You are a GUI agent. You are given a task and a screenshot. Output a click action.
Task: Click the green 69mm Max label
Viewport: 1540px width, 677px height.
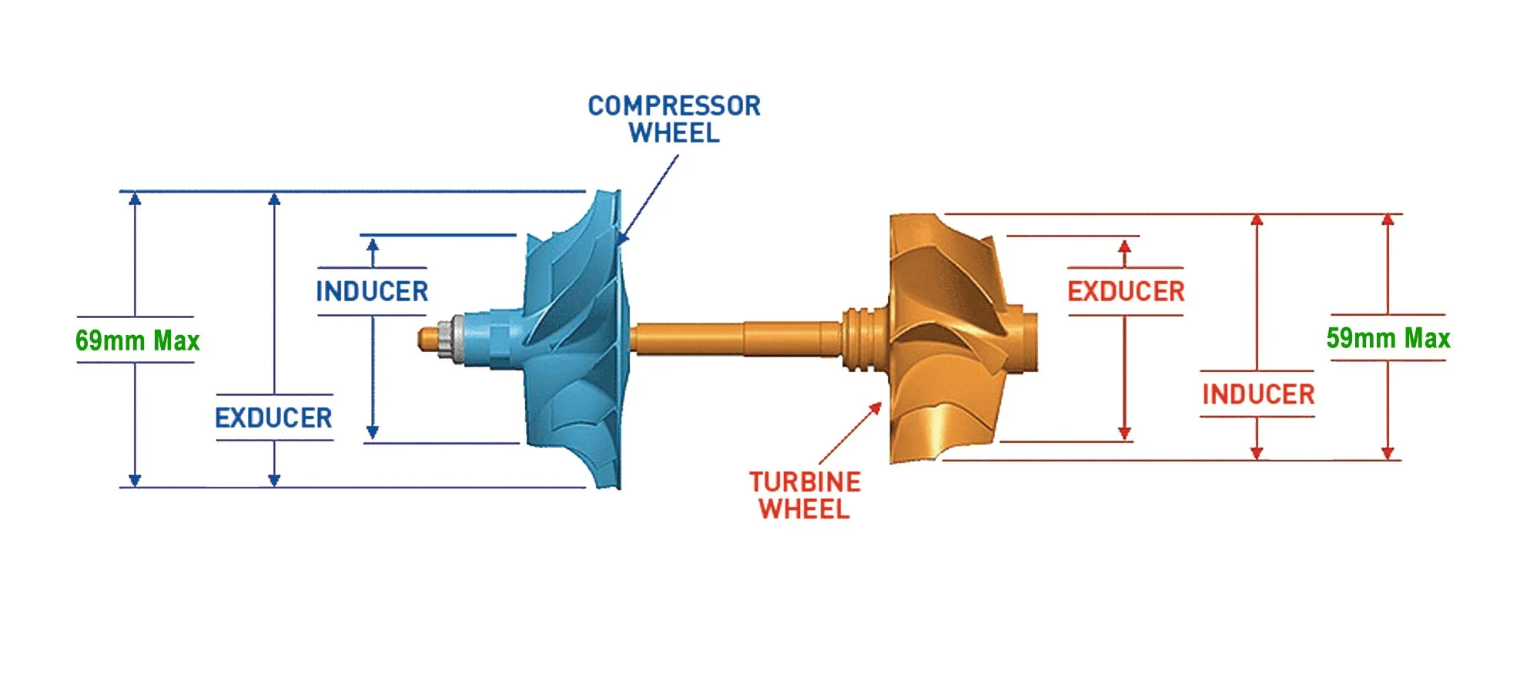137,340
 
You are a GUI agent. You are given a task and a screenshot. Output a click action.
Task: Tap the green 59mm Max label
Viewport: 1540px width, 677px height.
1388,338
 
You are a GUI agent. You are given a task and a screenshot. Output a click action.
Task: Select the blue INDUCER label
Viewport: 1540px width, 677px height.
372,291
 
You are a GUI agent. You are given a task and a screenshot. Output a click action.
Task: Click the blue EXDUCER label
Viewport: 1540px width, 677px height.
273,417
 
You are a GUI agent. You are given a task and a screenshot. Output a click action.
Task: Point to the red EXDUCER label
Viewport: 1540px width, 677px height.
1126,291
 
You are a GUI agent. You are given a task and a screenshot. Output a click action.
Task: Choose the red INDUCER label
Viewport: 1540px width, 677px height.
1258,394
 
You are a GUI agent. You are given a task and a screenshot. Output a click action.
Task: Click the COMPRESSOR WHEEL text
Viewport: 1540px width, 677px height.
674,119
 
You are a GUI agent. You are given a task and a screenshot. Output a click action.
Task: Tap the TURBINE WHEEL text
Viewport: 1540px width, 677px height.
805,495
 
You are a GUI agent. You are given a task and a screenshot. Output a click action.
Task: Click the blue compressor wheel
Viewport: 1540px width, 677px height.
577,339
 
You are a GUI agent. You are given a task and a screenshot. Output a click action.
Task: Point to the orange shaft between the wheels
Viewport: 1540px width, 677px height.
731,339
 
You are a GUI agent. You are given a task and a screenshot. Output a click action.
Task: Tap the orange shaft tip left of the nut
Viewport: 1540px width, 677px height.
426,338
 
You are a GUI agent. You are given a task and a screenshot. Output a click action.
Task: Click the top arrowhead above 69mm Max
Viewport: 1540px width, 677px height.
135,199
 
